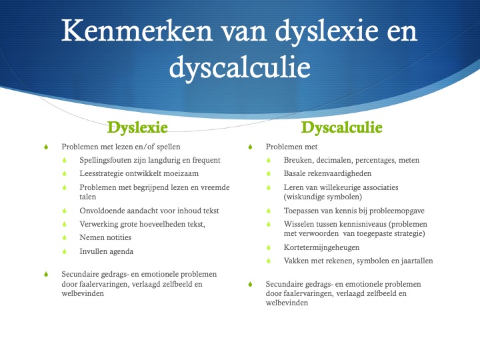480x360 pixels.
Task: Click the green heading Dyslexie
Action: pyautogui.click(x=137, y=127)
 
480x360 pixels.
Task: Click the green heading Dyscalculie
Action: pyautogui.click(x=341, y=127)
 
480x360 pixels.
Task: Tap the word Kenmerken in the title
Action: pyautogui.click(x=137, y=31)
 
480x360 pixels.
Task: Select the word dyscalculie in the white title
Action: pyautogui.click(x=240, y=67)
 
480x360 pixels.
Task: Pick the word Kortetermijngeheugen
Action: pyautogui.click(x=321, y=247)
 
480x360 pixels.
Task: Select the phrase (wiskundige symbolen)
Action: pyautogui.click(x=323, y=197)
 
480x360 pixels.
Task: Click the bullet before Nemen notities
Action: pyautogui.click(x=65, y=237)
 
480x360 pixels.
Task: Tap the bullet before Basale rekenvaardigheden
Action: pyautogui.click(x=269, y=173)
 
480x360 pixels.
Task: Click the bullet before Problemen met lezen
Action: pyautogui.click(x=46, y=147)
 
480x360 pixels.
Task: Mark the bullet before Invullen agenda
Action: pyautogui.click(x=65, y=251)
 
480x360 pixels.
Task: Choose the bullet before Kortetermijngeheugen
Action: pyautogui.click(x=269, y=247)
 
